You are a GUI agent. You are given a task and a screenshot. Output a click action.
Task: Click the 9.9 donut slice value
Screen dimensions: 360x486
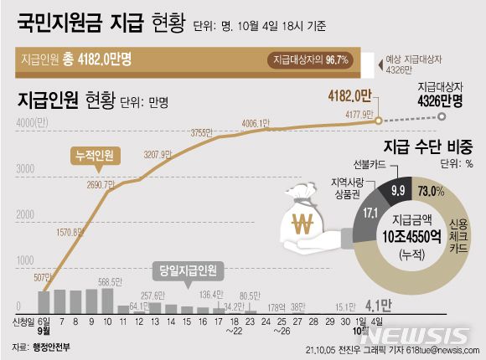coord(397,192)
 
